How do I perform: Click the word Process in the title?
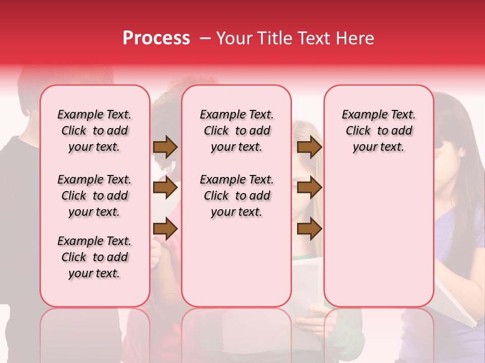click(156, 38)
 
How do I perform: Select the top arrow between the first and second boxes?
click(165, 147)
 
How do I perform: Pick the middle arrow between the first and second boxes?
click(165, 188)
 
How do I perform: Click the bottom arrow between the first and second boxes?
click(165, 229)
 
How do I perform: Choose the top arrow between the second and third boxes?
click(309, 147)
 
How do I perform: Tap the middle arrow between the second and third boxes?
click(309, 188)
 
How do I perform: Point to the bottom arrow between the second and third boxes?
click(309, 229)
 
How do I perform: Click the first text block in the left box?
click(94, 131)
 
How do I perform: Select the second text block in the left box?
click(94, 196)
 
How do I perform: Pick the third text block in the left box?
click(94, 257)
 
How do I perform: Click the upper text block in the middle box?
click(236, 131)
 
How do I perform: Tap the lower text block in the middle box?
click(236, 196)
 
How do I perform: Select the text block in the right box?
click(378, 131)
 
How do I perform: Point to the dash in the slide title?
click(205, 38)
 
